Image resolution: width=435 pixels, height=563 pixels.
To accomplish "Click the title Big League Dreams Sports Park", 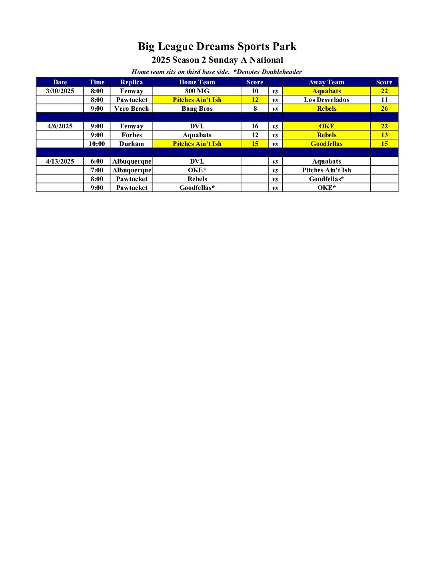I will [217, 46].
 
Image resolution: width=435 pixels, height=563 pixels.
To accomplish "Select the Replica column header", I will [132, 82].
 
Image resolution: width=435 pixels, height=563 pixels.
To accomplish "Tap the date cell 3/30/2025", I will [60, 91].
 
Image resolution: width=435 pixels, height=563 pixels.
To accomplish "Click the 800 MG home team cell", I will [197, 91].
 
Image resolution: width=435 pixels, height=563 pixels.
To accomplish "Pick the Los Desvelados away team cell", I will [326, 100].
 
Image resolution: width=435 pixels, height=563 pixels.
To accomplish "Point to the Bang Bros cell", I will [197, 108].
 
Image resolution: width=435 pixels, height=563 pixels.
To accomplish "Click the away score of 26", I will [384, 108].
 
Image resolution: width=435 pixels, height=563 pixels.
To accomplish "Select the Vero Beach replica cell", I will [132, 108].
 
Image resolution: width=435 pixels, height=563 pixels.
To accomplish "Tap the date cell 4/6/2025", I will [60, 126].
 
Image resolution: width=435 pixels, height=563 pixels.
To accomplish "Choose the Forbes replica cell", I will [132, 135].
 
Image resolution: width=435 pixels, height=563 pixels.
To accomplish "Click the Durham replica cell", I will [132, 144].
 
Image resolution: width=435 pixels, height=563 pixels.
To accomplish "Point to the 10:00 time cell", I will [97, 144].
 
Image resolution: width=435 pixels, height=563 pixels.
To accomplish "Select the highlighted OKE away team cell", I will [326, 126].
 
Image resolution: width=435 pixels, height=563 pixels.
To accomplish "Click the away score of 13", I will [384, 135].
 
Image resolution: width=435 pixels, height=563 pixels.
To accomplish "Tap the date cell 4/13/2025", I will [60, 161].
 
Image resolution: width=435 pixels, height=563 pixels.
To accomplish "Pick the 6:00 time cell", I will [97, 161].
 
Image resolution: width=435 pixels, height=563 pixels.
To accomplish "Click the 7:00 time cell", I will [97, 170].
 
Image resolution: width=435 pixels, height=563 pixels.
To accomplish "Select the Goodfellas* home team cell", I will [197, 188].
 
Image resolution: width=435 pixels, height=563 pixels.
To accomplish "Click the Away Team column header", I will [326, 82].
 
